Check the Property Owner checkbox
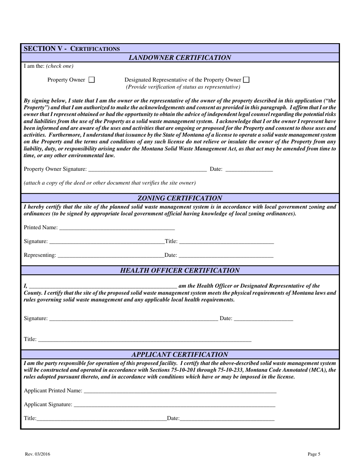pos(91,80)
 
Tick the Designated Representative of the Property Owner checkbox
pos(246,80)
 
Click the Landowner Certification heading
pos(180,58)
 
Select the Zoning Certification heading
pos(180,198)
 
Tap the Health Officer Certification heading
pos(180,271)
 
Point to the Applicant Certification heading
pos(180,355)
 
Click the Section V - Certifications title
pos(72,48)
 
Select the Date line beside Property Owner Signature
pos(249,169)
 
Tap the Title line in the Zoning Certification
pos(226,242)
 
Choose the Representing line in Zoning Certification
pos(110,255)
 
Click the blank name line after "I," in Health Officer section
pos(103,286)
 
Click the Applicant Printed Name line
pos(180,391)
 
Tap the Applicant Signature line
pos(174,405)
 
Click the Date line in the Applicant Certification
pos(227,419)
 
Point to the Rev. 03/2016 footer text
pos(38,454)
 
